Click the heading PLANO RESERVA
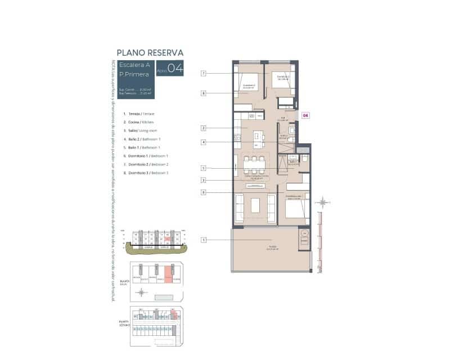tap(150, 53)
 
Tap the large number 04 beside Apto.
tap(175, 69)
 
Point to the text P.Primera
tap(134, 74)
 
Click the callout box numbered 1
tap(204, 240)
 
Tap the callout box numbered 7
tap(204, 73)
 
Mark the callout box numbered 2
tap(204, 128)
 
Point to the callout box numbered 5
tap(204, 168)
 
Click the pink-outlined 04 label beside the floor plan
tap(305, 115)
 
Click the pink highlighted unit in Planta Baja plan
tap(168, 277)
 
